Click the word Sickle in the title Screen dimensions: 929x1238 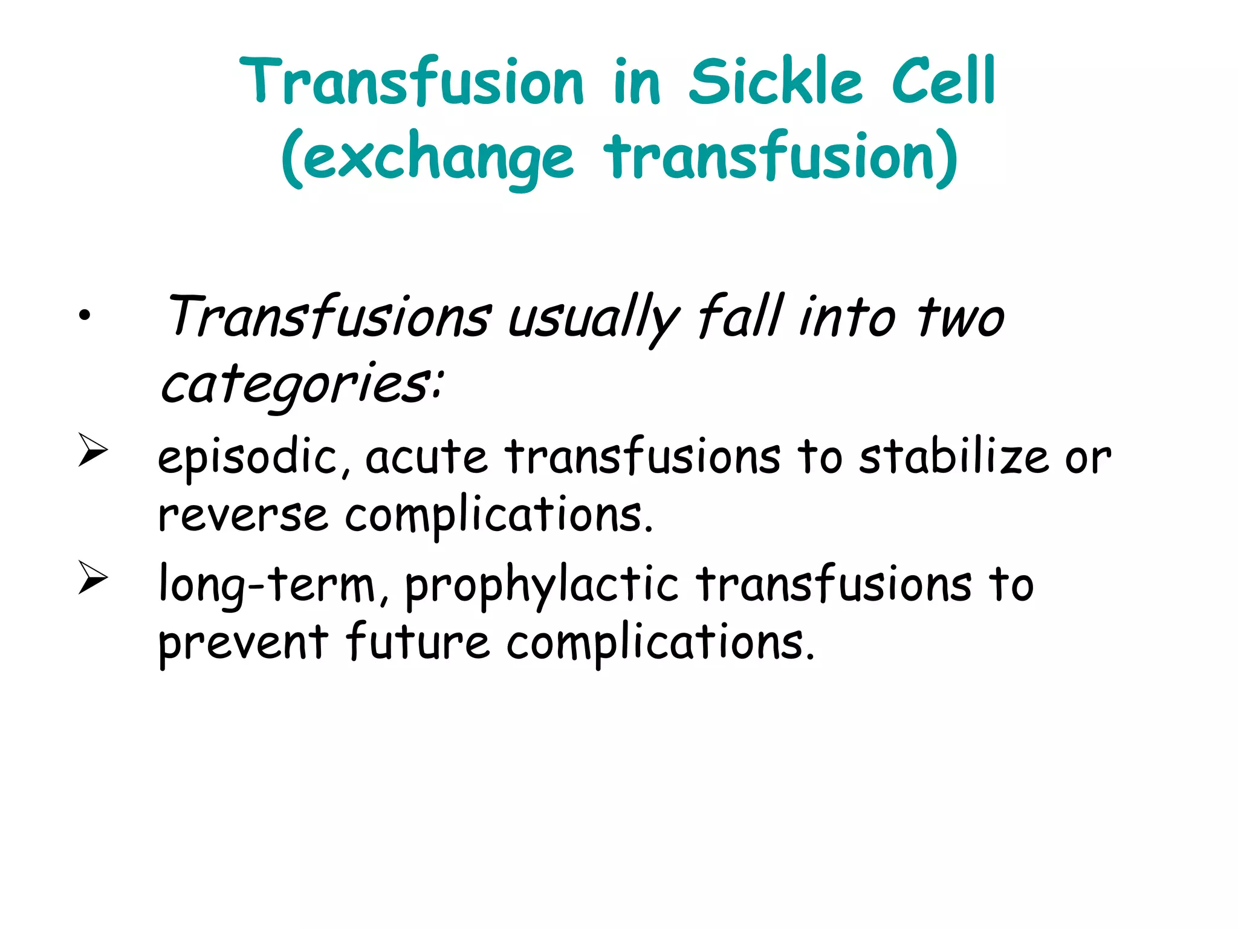[775, 82]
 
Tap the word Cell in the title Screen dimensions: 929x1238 [943, 82]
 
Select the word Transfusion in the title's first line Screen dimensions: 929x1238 [412, 82]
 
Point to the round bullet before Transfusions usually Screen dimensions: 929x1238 [84, 315]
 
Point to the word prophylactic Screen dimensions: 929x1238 [542, 585]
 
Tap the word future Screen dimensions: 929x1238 [418, 642]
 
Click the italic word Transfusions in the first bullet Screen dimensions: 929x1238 [328, 318]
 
